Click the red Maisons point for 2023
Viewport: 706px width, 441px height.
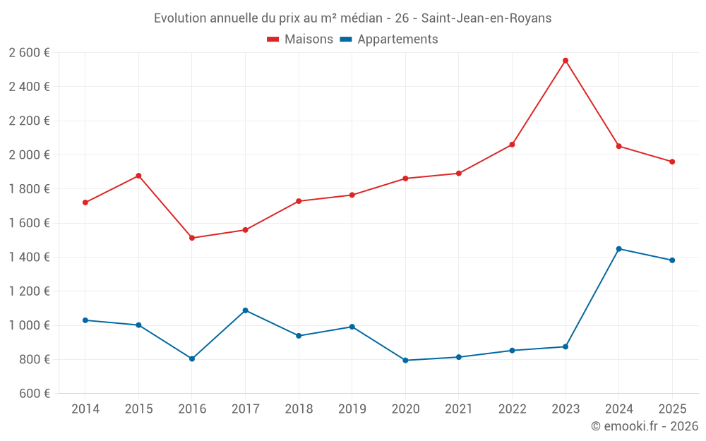566,60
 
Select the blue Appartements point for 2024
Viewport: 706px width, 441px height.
618,249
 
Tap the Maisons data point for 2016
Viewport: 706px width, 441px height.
192,238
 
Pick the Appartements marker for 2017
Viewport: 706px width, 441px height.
246,310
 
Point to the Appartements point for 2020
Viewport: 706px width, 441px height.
405,360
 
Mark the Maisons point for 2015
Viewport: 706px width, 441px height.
138,176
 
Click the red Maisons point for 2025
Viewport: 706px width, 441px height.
672,162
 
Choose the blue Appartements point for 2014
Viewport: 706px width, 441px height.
85,320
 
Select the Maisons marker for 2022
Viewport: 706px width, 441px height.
512,145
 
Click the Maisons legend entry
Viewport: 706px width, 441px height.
300,39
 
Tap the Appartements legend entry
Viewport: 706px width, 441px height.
389,39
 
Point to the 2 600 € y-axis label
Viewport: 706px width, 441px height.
29,53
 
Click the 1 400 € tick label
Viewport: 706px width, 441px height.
29,257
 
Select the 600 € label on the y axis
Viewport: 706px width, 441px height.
35,393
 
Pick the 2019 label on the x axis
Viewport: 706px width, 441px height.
352,409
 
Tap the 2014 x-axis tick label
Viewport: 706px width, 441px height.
85,409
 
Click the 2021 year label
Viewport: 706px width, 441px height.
459,409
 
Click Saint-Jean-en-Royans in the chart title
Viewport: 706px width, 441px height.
486,18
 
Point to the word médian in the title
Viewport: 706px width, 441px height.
361,18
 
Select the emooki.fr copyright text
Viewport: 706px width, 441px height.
645,425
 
